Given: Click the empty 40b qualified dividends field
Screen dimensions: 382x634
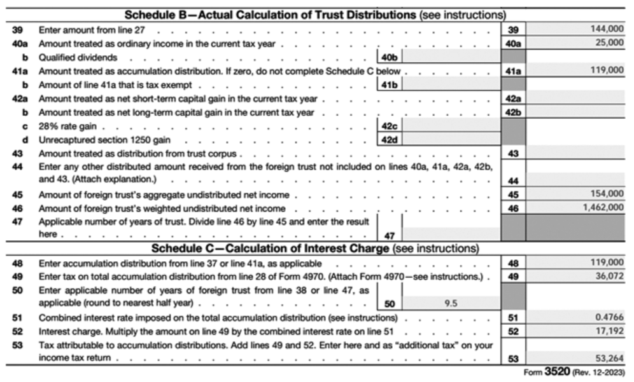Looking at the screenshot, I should pos(452,57).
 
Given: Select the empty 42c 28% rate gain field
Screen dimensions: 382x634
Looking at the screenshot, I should pos(452,125).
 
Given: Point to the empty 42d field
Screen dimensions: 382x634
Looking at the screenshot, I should pos(452,139).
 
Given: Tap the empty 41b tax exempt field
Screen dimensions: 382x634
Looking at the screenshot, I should pos(452,84).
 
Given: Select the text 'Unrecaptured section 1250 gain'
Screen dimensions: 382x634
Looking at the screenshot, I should pos(104,140).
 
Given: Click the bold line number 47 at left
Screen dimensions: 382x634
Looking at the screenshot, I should pos(17,221).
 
